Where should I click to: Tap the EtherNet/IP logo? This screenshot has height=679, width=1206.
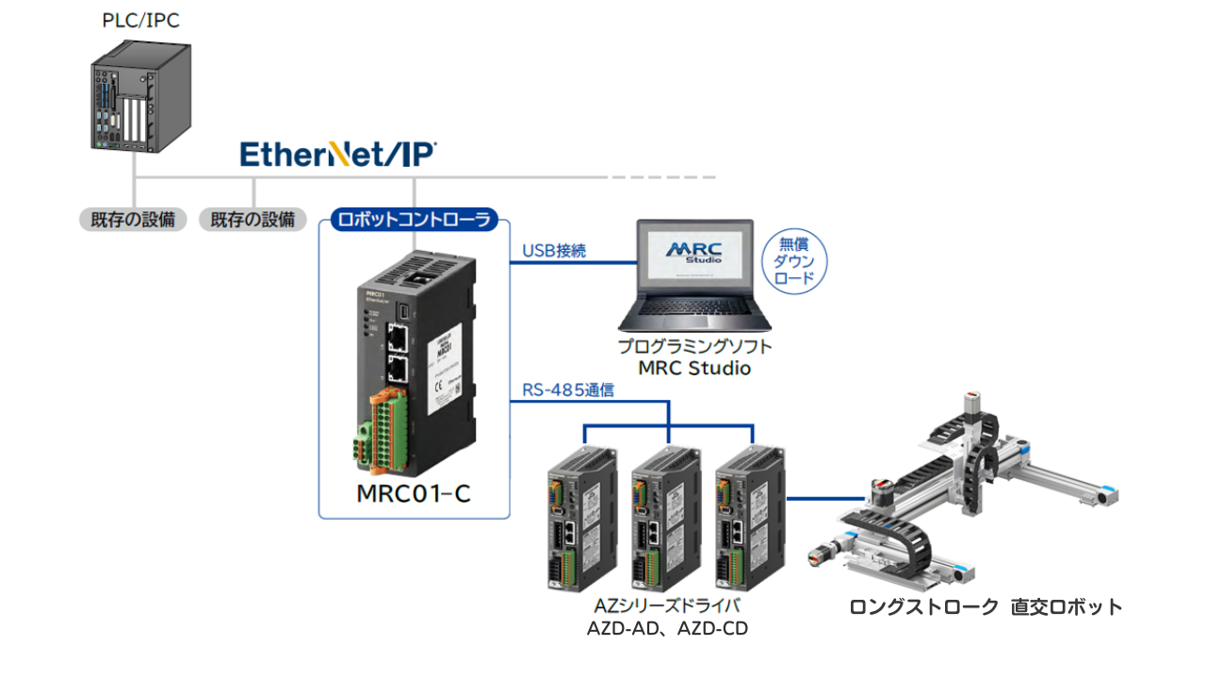[x=337, y=154]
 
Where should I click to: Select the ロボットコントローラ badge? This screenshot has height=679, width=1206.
[x=414, y=221]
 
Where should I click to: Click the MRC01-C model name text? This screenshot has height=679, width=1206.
[x=414, y=493]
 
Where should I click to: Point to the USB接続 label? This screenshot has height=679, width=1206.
[x=554, y=251]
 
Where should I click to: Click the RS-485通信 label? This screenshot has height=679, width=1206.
[x=568, y=389]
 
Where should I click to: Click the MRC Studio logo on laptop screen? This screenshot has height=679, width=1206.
[x=694, y=253]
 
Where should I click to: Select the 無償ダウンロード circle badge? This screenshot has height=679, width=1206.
[x=794, y=261]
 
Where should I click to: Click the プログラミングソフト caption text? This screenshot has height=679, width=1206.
[x=694, y=346]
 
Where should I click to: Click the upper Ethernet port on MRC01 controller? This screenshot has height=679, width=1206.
[x=399, y=336]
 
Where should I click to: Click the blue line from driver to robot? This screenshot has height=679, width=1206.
[x=823, y=498]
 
